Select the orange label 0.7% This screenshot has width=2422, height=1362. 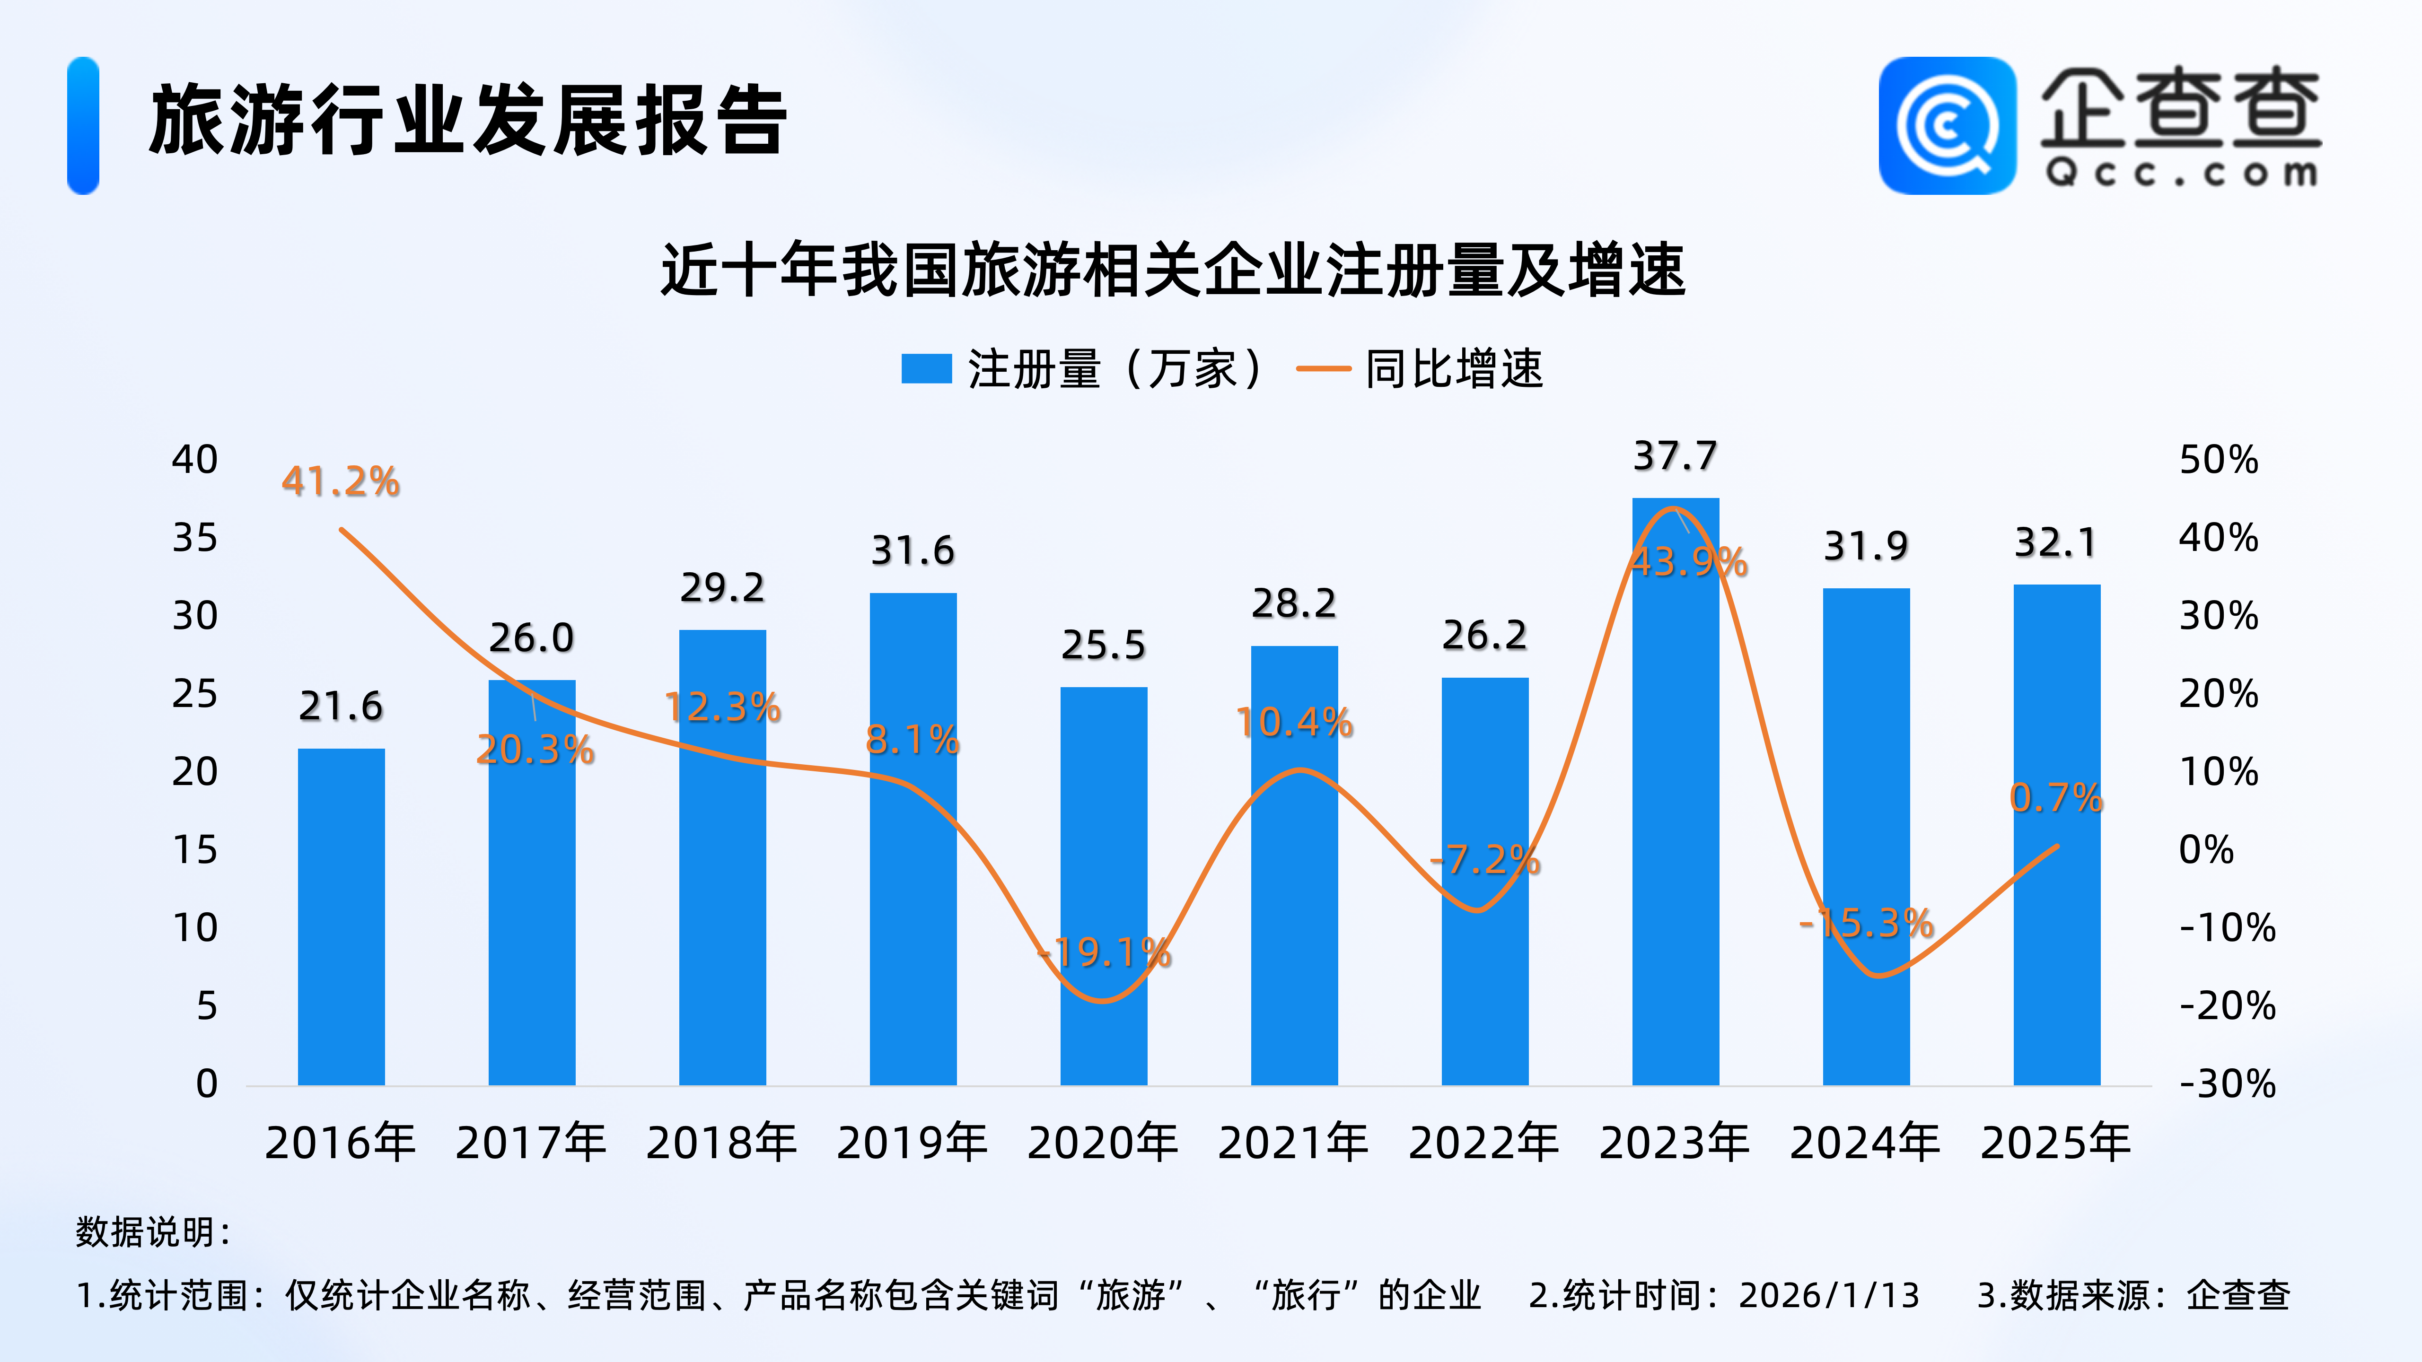(x=2056, y=798)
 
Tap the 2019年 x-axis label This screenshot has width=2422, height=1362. (x=912, y=1143)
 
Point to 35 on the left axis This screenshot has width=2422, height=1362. (x=194, y=539)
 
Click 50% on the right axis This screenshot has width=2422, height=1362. (x=2218, y=461)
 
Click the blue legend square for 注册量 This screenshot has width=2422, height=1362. (x=926, y=368)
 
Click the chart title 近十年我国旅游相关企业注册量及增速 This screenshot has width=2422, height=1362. (x=1173, y=271)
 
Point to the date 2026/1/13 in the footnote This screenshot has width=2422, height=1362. (x=1829, y=1295)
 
